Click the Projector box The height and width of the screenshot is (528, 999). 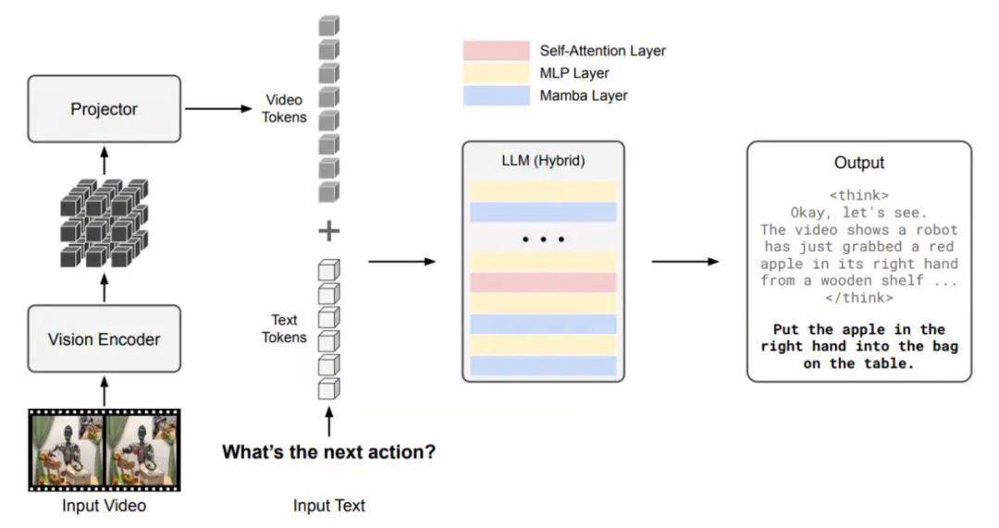point(104,109)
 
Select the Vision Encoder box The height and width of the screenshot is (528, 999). point(104,339)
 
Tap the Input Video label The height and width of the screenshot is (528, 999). point(104,506)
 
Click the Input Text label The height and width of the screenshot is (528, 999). point(328,506)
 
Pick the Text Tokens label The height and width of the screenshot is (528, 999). point(284,329)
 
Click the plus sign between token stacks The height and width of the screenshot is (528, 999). point(328,230)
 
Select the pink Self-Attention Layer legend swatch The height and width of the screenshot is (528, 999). point(496,51)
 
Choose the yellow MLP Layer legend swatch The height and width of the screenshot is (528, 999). point(496,73)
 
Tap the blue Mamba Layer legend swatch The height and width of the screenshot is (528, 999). point(496,95)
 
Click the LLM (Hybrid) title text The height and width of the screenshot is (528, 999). point(543,161)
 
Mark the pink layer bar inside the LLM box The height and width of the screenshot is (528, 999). point(543,282)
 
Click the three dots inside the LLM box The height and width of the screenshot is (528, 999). point(543,239)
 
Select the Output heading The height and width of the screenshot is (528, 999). point(858,163)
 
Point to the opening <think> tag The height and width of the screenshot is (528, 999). point(858,196)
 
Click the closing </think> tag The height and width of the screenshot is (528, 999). point(858,298)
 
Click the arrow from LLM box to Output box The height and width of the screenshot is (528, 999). point(684,262)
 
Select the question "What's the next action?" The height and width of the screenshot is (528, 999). point(328,453)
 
